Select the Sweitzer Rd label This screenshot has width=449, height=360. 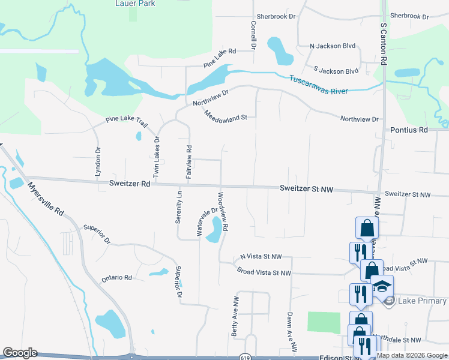pos(129,184)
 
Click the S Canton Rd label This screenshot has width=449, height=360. pos(382,43)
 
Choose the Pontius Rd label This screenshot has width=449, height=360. pos(408,130)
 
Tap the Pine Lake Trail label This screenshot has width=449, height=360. pos(126,121)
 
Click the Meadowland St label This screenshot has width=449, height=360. pos(225,114)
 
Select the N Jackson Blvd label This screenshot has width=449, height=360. pos(333,46)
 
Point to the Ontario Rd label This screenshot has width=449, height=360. pos(116,278)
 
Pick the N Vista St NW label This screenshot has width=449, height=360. pos(261,256)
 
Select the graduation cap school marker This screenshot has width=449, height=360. pos(382,287)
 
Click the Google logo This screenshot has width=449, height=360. pos(19,353)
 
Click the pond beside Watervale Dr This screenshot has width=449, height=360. pos(214,230)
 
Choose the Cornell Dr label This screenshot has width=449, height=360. pos(253,34)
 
